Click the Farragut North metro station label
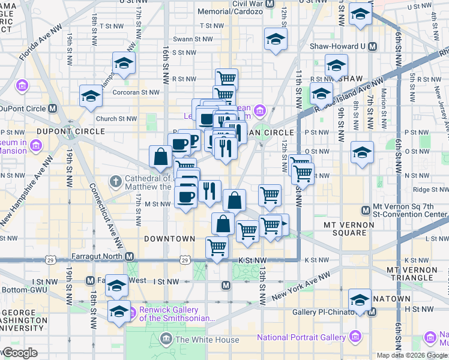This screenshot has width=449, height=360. (97, 256)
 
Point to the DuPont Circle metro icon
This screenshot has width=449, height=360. (53, 109)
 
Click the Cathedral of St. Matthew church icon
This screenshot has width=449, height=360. (115, 180)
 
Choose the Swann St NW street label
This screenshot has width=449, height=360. (192, 39)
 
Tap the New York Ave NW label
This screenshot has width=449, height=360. (301, 287)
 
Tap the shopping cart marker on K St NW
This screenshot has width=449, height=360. (216, 247)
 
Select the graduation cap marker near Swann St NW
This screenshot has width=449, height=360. (276, 39)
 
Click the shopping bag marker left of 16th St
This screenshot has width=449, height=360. (161, 157)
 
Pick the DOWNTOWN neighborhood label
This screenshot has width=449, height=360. (170, 238)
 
